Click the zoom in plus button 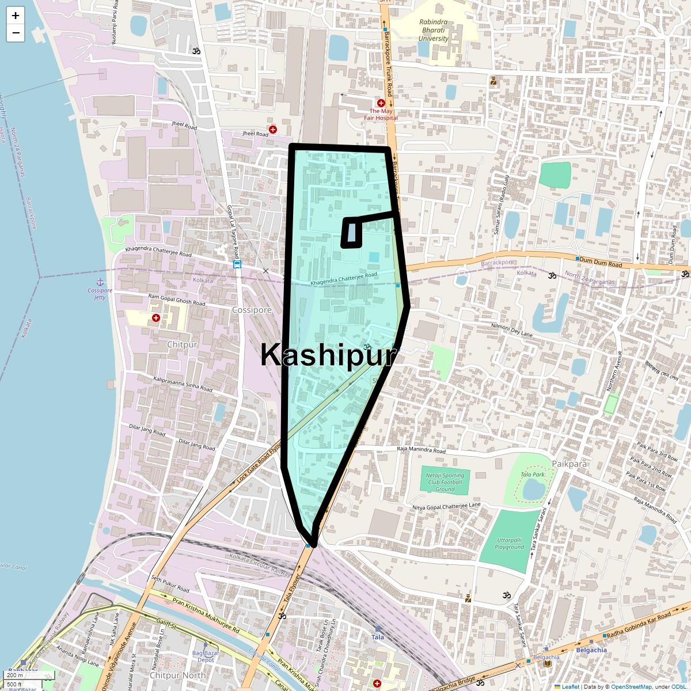point(16,16)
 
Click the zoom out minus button point(16,33)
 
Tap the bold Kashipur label point(329,355)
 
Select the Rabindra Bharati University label point(434,31)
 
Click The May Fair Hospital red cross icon point(381,103)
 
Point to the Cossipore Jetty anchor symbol point(100,282)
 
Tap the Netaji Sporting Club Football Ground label point(445,482)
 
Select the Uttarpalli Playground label point(510,544)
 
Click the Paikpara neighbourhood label point(569,464)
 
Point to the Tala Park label point(533,474)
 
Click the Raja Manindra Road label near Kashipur point(422,450)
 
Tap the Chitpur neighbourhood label point(182,344)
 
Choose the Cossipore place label point(252,310)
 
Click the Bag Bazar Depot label point(206,656)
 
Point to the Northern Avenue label point(613,371)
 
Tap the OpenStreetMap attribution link point(631,686)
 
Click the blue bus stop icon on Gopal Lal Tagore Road point(237,264)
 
